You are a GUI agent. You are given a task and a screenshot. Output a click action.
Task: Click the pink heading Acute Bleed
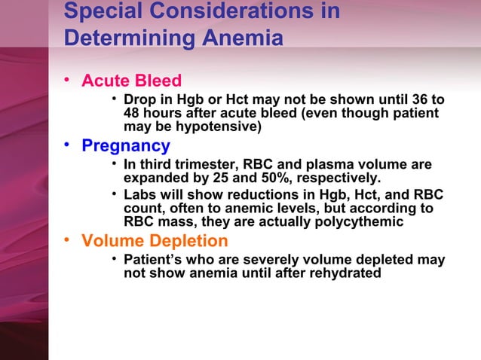(131, 81)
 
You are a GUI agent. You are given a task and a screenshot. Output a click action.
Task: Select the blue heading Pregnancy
(125, 145)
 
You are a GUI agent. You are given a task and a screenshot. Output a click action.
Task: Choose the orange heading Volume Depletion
(155, 241)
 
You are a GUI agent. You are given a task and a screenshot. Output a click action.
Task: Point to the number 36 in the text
(420, 100)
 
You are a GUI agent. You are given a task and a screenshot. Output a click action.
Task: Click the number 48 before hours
(132, 114)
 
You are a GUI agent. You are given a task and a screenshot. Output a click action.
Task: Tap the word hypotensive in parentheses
(220, 127)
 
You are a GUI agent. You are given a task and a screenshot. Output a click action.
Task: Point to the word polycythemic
(355, 222)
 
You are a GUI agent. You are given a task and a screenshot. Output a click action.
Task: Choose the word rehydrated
(345, 273)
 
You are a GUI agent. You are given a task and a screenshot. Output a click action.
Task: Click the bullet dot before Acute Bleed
(68, 79)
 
